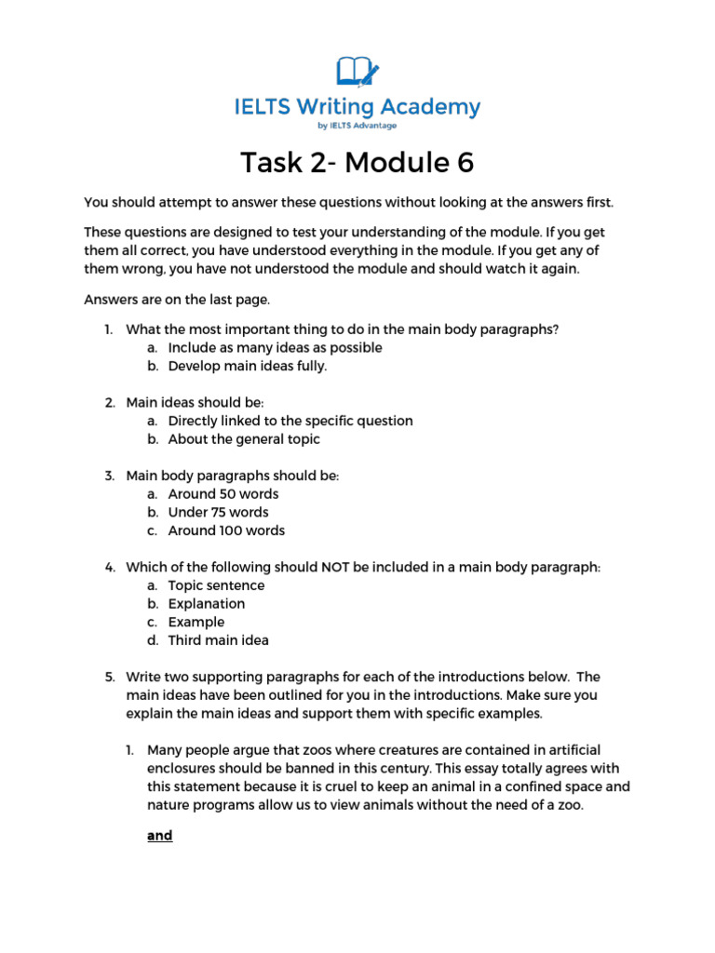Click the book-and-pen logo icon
[x=357, y=71]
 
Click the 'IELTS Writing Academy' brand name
[x=357, y=107]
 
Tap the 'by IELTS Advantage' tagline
[x=357, y=126]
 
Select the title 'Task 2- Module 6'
[x=357, y=163]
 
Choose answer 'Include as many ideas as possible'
[x=275, y=347]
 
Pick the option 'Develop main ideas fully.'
[x=248, y=366]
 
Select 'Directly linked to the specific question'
[x=290, y=421]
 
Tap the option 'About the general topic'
[x=244, y=439]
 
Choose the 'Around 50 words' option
[x=223, y=494]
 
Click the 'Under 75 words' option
[x=218, y=512]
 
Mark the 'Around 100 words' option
[x=226, y=530]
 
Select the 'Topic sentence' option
[x=216, y=585]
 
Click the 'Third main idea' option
[x=218, y=640]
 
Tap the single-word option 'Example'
[x=196, y=622]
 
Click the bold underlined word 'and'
[x=160, y=836]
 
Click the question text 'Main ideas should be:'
[x=196, y=402]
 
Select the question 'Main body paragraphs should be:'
[x=233, y=476]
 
